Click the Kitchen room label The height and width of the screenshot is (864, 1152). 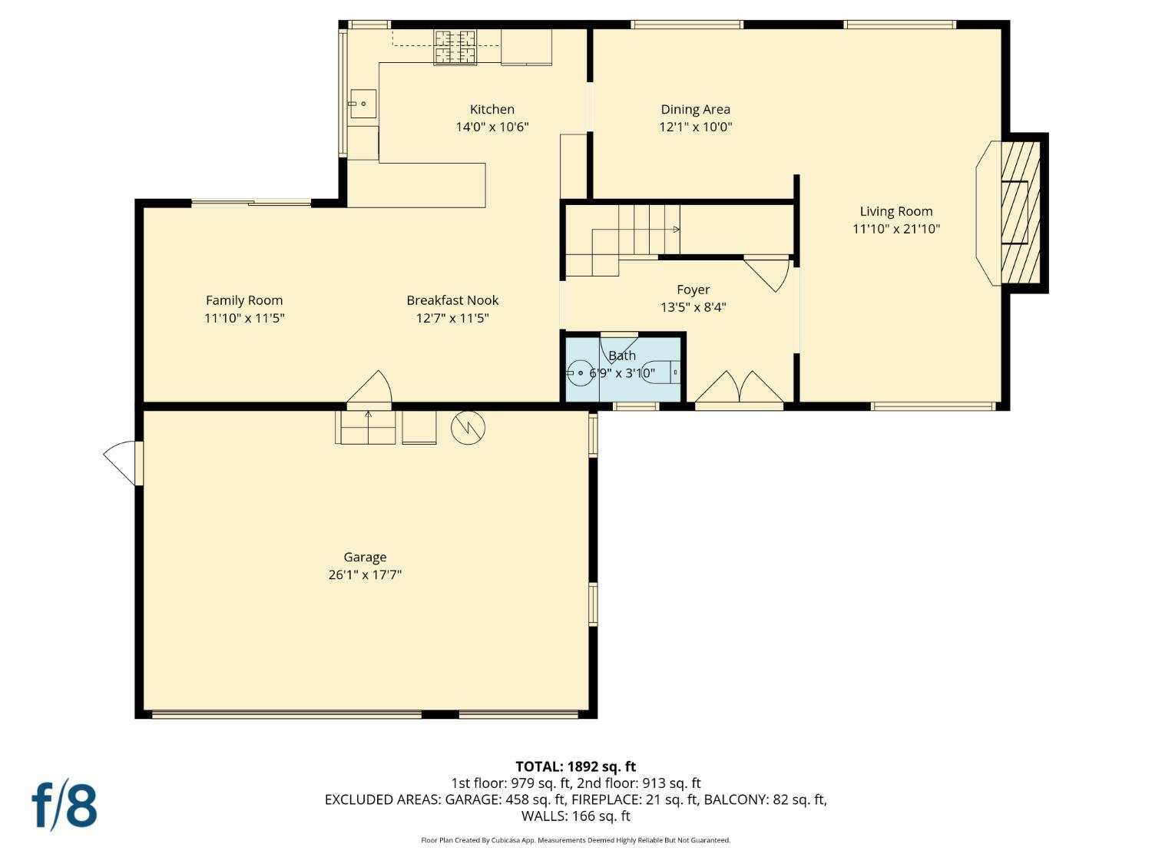click(x=492, y=110)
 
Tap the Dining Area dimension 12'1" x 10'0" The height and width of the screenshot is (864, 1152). click(x=695, y=127)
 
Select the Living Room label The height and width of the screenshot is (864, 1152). click(x=895, y=211)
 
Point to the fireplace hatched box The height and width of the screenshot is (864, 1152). click(x=1020, y=212)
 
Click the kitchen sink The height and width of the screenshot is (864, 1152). click(x=362, y=103)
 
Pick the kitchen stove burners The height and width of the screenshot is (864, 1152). click(x=455, y=47)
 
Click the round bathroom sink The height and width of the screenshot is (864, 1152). click(x=579, y=373)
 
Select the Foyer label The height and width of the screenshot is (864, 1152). click(x=693, y=290)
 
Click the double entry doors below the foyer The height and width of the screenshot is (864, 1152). click(x=739, y=389)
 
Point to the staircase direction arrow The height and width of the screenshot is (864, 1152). click(x=675, y=229)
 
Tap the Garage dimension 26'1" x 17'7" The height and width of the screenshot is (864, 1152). click(x=365, y=574)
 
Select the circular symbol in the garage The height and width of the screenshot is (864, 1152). click(x=468, y=428)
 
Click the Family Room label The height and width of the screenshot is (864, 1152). click(x=244, y=300)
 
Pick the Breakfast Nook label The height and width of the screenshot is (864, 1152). click(x=452, y=300)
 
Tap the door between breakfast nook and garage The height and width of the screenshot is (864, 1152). click(x=371, y=389)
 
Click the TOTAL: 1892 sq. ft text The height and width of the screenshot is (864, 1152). click(x=575, y=766)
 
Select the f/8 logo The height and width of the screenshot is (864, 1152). click(x=65, y=805)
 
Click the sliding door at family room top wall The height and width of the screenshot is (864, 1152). click(x=251, y=203)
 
